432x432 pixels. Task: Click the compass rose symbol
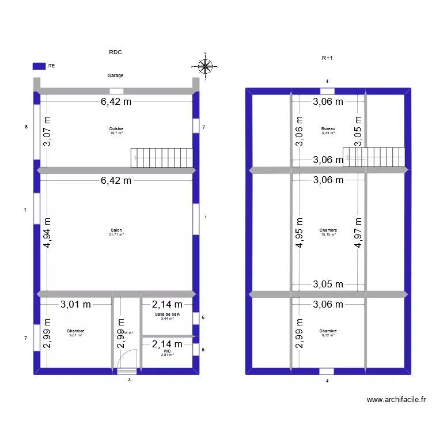(x=205, y=67)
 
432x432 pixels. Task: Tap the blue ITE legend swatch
(x=39, y=66)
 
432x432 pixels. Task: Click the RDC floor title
(x=116, y=52)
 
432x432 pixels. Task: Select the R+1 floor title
(x=327, y=58)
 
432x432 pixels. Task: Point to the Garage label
(x=115, y=75)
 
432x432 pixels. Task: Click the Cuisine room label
(x=116, y=129)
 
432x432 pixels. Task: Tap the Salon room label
(x=116, y=230)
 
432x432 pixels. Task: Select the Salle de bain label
(x=167, y=314)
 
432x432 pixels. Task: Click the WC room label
(x=167, y=351)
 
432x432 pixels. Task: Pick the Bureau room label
(x=328, y=129)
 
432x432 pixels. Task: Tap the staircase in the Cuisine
(x=162, y=158)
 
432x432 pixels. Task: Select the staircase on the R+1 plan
(x=374, y=157)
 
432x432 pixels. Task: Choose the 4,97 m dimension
(x=359, y=233)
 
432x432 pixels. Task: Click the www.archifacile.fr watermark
(x=396, y=400)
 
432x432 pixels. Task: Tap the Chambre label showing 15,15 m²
(x=328, y=230)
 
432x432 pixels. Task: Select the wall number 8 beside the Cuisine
(x=26, y=126)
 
